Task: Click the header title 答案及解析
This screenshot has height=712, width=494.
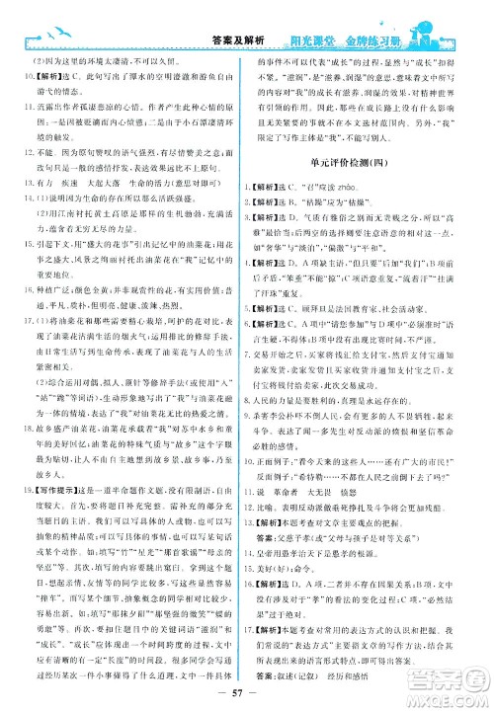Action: click(239, 15)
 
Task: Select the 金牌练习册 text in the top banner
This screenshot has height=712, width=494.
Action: click(373, 15)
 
